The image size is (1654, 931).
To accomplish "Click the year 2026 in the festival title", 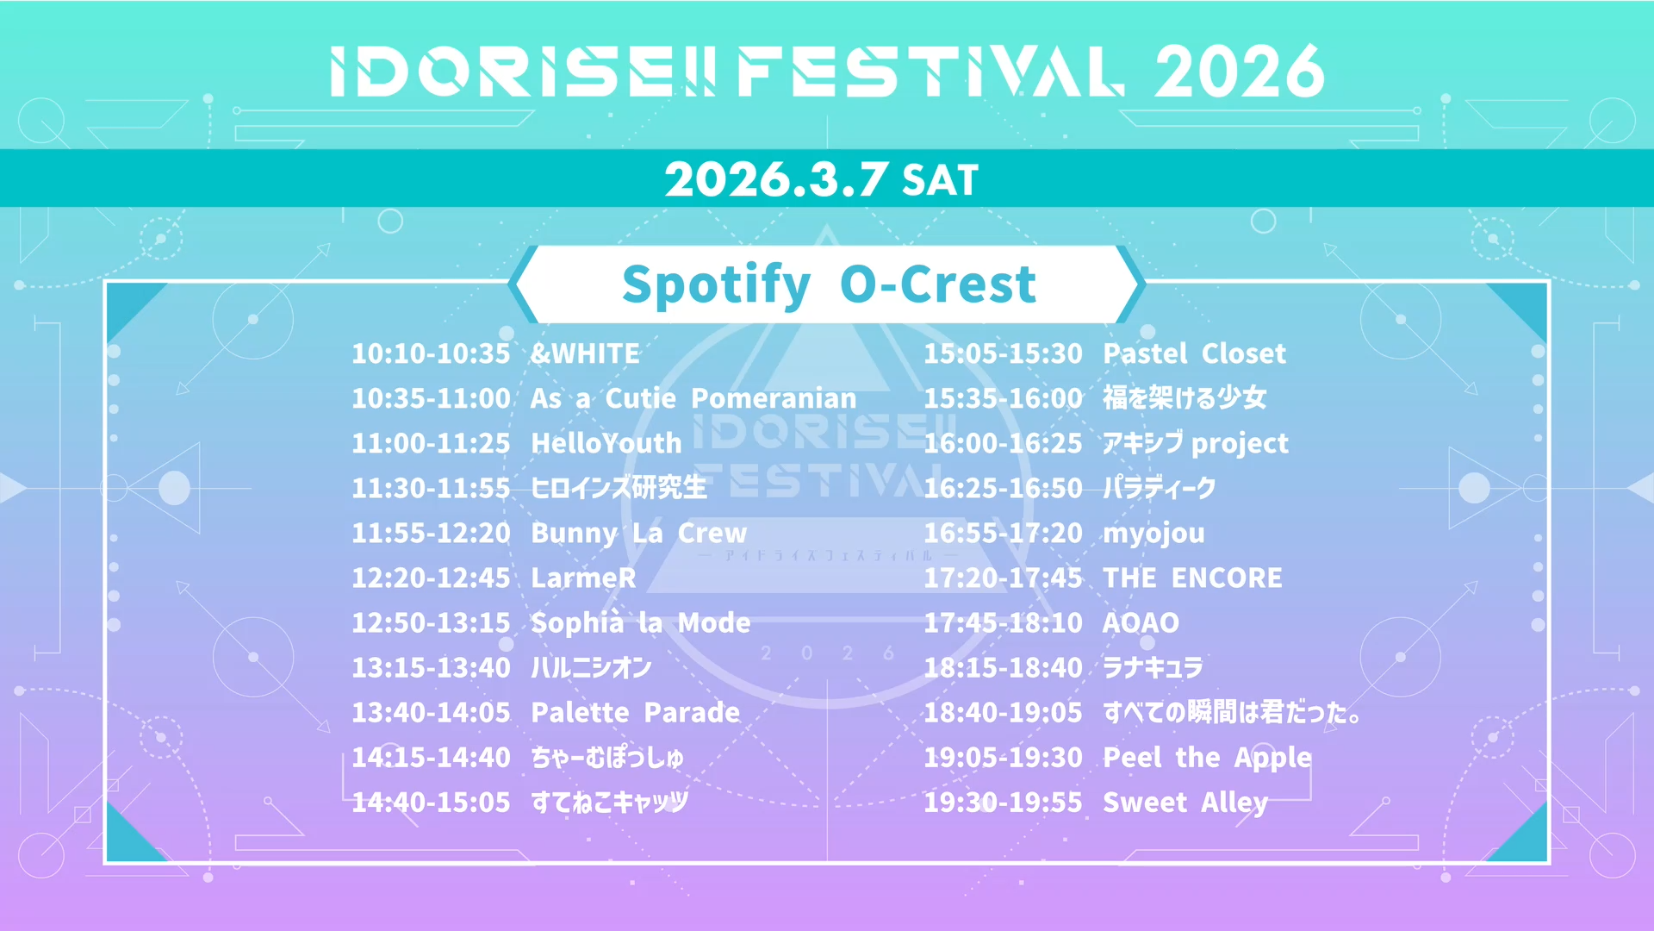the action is [x=1239, y=71].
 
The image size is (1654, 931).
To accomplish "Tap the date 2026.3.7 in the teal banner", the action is [x=775, y=179].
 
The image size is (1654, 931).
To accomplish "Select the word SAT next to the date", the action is [x=940, y=181].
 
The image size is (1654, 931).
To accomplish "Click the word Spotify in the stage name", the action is [x=716, y=284].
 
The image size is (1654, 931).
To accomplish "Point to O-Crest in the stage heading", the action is [x=938, y=284].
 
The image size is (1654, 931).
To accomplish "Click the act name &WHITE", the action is [x=585, y=353].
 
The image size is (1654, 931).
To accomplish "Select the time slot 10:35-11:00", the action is [x=431, y=398].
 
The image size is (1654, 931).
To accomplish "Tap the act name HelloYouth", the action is [x=606, y=443].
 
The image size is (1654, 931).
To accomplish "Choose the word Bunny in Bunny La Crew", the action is [x=574, y=534].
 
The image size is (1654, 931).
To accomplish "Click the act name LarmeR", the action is [x=583, y=578].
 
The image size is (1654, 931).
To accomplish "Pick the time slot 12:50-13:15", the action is [x=431, y=622].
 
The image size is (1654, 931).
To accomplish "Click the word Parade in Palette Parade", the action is [x=692, y=712].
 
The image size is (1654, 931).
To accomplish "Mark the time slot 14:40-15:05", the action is [x=431, y=802].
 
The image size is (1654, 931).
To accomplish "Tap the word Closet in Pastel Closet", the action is [x=1243, y=353].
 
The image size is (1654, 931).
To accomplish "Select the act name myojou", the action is [x=1153, y=534].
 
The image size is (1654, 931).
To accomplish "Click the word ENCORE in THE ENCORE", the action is [x=1227, y=578].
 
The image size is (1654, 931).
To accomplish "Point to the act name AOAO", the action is [x=1141, y=622].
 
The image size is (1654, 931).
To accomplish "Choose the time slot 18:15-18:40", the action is [x=1003, y=667].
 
